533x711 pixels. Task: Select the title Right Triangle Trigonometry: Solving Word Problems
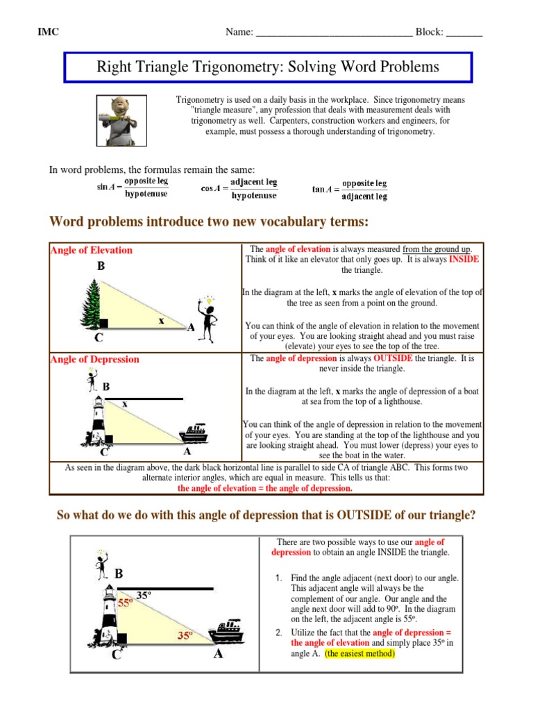tap(269, 67)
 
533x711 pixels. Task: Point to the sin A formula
tap(132, 187)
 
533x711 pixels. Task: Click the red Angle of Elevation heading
tap(91, 250)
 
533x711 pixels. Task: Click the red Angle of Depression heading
tap(94, 359)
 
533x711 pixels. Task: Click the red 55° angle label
tap(125, 603)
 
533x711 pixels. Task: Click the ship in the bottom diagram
tap(227, 632)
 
